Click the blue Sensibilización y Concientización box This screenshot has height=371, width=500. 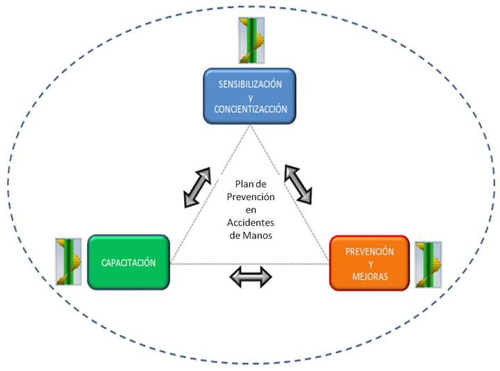pyautogui.click(x=250, y=96)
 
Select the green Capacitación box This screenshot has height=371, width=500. pyautogui.click(x=128, y=262)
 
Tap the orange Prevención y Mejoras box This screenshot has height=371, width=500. pyautogui.click(x=369, y=263)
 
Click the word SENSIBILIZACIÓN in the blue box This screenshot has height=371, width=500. pyautogui.click(x=250, y=84)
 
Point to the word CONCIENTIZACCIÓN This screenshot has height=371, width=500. pyautogui.click(x=251, y=109)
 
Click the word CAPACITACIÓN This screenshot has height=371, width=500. pyautogui.click(x=128, y=263)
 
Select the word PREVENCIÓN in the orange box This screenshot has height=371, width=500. pyautogui.click(x=369, y=252)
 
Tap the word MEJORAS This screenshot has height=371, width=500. pyautogui.click(x=370, y=277)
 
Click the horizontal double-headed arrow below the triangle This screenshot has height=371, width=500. pyautogui.click(x=251, y=277)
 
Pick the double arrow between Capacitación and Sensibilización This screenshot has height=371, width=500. pyautogui.click(x=197, y=188)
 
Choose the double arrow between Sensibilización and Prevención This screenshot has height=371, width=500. pyautogui.click(x=298, y=184)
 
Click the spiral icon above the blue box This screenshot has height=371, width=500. pyautogui.click(x=251, y=40)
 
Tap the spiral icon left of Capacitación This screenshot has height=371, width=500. pyautogui.click(x=69, y=262)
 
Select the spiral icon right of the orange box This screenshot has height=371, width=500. pyautogui.click(x=428, y=265)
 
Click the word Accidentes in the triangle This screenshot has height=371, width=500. pyautogui.click(x=251, y=222)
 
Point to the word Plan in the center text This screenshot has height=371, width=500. pyautogui.click(x=243, y=183)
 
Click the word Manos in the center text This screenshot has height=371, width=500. pyautogui.click(x=258, y=236)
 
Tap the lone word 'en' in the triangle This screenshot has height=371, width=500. pyautogui.click(x=251, y=210)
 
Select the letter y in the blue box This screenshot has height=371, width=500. pyautogui.click(x=251, y=98)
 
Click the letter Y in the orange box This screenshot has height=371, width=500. pyautogui.click(x=371, y=264)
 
